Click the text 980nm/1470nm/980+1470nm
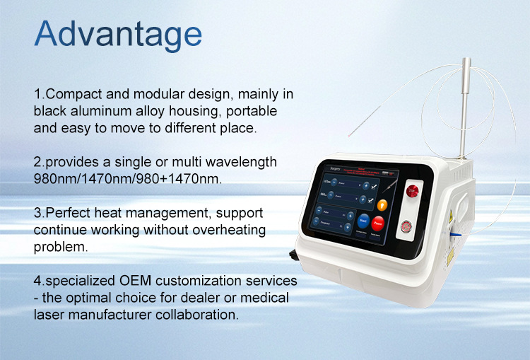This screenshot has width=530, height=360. [x=128, y=179]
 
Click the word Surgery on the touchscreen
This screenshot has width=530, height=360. [x=326, y=170]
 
